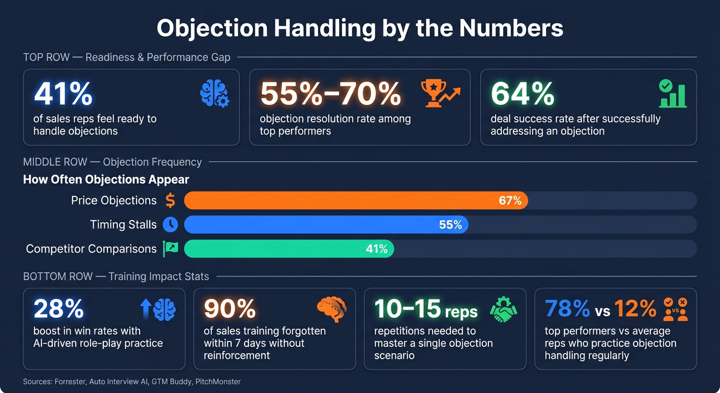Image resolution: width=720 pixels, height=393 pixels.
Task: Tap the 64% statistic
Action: pyautogui.click(x=523, y=94)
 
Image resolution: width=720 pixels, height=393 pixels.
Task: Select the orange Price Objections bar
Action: pyautogui.click(x=356, y=201)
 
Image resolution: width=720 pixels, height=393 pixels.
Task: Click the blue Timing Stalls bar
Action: pyautogui.click(x=326, y=225)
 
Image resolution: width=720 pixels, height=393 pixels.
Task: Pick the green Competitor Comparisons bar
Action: pyautogui.click(x=289, y=249)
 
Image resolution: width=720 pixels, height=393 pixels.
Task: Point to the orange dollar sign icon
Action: pyautogui.click(x=170, y=201)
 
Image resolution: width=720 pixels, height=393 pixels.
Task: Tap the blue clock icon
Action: pyautogui.click(x=170, y=225)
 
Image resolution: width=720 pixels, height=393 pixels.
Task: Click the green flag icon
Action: pyautogui.click(x=170, y=249)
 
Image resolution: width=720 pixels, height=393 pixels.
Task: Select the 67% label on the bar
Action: pyautogui.click(x=510, y=201)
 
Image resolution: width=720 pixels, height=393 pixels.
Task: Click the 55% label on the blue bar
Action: pyautogui.click(x=451, y=225)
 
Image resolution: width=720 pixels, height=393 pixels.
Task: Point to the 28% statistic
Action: pyautogui.click(x=59, y=309)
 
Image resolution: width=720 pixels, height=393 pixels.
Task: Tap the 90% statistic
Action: pyautogui.click(x=230, y=309)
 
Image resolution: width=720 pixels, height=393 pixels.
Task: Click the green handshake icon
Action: pyautogui.click(x=503, y=310)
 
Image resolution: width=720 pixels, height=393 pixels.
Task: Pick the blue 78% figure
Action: pyautogui.click(x=567, y=309)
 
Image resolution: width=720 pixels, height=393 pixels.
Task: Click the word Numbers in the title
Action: pyautogui.click(x=511, y=28)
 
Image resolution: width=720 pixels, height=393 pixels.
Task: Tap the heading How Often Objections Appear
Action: pyautogui.click(x=106, y=180)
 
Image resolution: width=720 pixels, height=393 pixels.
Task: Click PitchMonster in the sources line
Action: pyautogui.click(x=218, y=381)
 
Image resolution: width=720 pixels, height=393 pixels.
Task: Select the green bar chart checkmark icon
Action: pyautogui.click(x=672, y=93)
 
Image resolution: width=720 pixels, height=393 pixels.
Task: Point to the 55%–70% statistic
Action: pyautogui.click(x=331, y=94)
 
